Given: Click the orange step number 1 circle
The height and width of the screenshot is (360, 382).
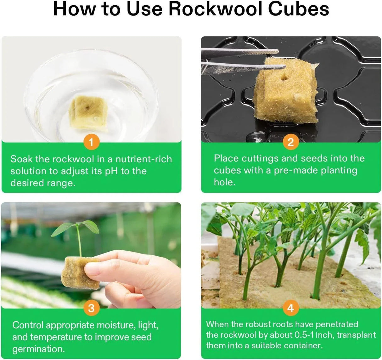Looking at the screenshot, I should [x=91, y=143].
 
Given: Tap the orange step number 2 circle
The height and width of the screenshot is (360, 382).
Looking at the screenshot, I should [x=290, y=142].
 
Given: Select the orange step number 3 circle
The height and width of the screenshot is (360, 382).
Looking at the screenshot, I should [x=91, y=308].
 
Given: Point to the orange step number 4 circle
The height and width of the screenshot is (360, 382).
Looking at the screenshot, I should [x=290, y=308].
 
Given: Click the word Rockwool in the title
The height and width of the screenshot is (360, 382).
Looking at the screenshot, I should [x=214, y=9].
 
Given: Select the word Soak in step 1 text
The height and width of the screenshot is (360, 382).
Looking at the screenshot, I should [x=22, y=159].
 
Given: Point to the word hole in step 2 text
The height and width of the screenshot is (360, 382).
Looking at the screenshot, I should [x=224, y=182].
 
